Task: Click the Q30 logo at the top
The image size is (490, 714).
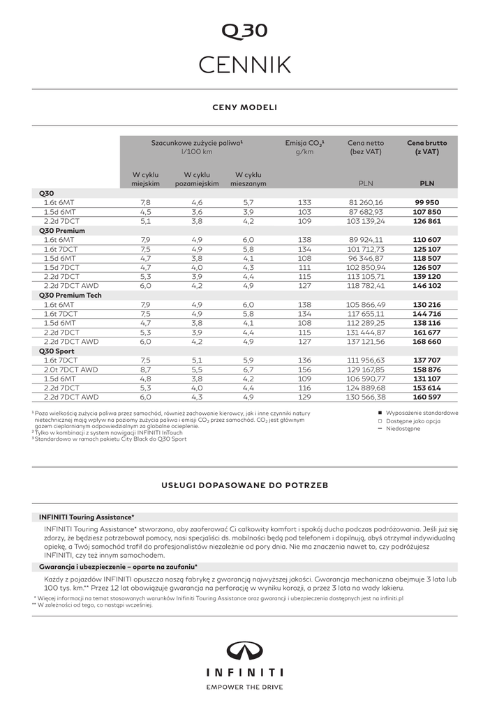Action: click(x=244, y=31)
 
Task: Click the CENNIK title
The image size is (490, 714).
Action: click(x=244, y=64)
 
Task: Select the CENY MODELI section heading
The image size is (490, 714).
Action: click(x=244, y=107)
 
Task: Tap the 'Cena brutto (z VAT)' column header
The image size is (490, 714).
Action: click(x=426, y=146)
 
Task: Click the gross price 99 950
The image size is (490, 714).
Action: click(x=426, y=202)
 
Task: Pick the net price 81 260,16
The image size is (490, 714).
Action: click(x=366, y=202)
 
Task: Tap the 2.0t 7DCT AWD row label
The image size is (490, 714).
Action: click(x=70, y=370)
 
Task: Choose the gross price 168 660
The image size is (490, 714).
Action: click(x=426, y=342)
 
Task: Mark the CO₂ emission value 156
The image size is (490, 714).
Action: click(x=304, y=370)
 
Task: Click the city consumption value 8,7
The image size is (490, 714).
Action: click(x=145, y=370)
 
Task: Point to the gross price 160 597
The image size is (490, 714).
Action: click(x=426, y=397)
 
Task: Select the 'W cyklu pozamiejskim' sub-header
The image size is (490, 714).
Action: click(x=197, y=178)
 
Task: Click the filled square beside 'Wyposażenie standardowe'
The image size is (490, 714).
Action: click(x=380, y=413)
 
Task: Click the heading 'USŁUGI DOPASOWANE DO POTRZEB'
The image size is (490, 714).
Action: click(x=244, y=484)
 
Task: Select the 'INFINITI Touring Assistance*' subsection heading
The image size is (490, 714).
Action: click(x=87, y=517)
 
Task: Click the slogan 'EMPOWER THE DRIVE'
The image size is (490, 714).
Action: click(x=244, y=687)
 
